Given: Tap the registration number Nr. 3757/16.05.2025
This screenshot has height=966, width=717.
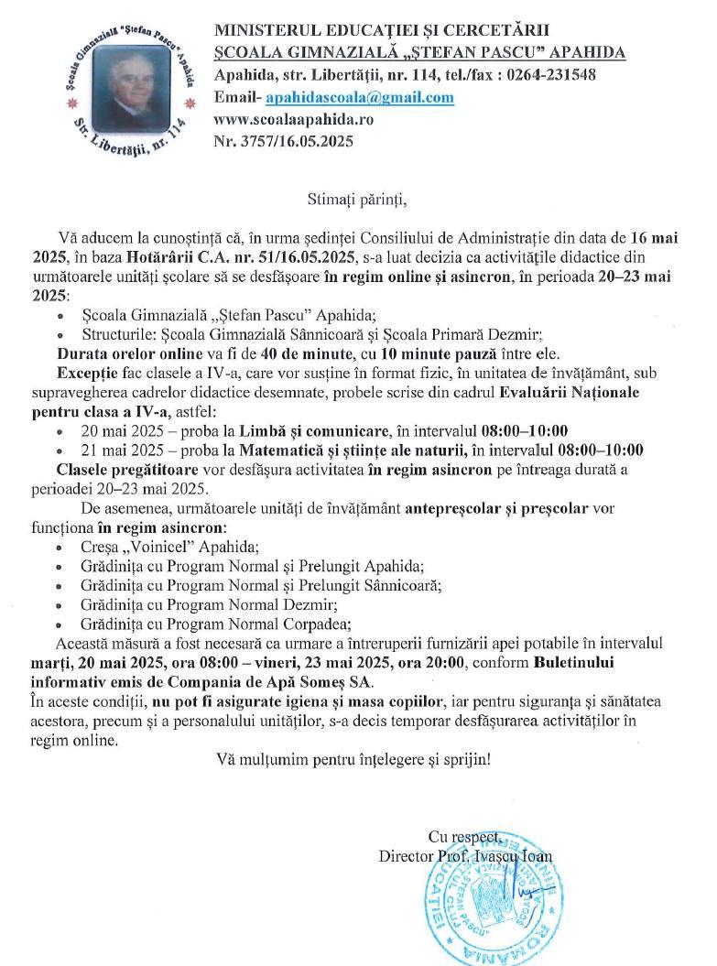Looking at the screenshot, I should (283, 142).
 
